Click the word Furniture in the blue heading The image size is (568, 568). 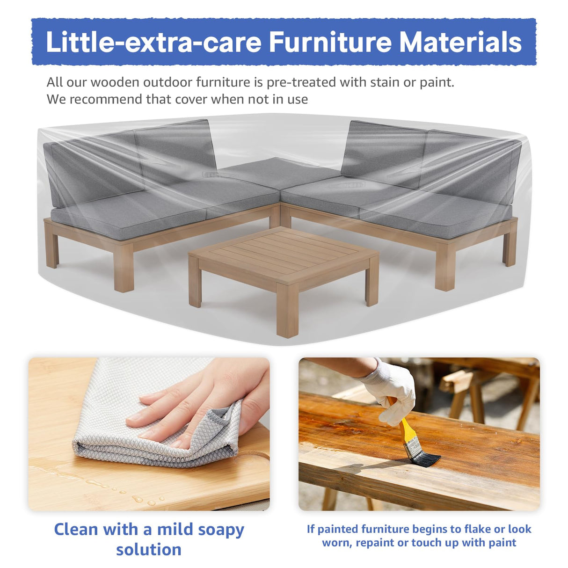click(330, 42)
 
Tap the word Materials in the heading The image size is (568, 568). click(460, 42)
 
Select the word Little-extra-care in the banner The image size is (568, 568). click(153, 42)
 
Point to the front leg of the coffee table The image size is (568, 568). click(287, 316)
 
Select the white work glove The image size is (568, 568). click(392, 388)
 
